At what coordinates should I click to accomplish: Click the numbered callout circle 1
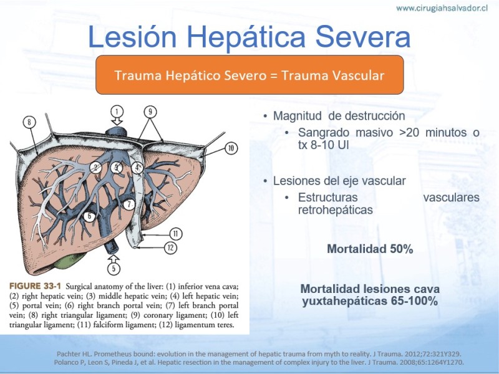coord(117,112)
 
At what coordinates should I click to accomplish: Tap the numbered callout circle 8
coord(29,122)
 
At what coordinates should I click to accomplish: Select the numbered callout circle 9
coord(150,112)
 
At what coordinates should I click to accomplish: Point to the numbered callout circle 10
coord(231,148)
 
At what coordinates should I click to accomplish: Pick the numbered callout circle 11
coord(176,234)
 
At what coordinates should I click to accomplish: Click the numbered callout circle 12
coord(170,247)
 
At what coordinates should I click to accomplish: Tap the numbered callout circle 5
coord(114,269)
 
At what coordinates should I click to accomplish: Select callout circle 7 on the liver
coord(129,204)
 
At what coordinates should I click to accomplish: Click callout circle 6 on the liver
coord(89,216)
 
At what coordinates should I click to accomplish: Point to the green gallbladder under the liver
coord(67,264)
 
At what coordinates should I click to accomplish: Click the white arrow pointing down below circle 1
coord(117,122)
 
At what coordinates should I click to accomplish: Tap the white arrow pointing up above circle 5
coord(114,258)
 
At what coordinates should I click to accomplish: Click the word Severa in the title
coord(363,37)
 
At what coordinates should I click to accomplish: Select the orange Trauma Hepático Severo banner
coord(250,75)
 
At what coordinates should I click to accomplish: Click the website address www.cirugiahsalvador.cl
coord(442,8)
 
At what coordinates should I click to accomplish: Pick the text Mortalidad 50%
coord(370,249)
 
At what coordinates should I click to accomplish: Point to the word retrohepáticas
coord(336,210)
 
